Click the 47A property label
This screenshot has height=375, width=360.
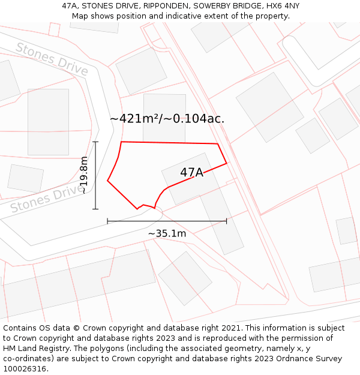coord(191,173)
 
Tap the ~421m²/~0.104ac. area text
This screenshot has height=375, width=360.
coord(167,119)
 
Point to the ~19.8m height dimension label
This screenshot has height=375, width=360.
coord(84,175)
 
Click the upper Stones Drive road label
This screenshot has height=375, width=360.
coord(52,59)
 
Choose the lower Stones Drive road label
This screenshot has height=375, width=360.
coord(47,199)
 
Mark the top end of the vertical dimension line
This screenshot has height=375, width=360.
coord(95,142)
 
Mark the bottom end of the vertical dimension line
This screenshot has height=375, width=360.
coord(95,209)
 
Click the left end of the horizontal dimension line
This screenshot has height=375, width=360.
coord(107,221)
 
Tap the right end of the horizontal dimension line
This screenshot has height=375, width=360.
coord(226,221)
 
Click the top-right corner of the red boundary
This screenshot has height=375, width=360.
coord(217,144)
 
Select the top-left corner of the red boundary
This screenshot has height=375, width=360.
coord(122,142)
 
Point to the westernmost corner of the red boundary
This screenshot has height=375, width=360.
coord(107,180)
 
